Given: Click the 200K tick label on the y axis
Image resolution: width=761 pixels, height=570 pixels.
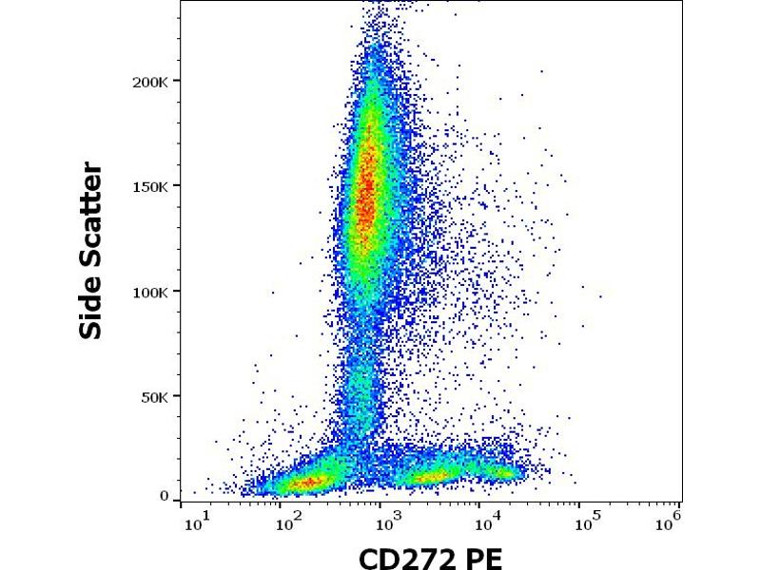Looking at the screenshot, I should click(149, 82).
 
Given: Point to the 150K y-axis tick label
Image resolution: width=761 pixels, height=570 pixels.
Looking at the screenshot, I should click(149, 186).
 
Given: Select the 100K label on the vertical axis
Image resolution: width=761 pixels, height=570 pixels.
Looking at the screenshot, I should click(149, 292).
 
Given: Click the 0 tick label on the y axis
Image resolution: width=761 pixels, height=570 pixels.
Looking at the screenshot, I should click(165, 496).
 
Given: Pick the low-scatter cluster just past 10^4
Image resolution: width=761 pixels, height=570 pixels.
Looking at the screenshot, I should click(501, 470).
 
